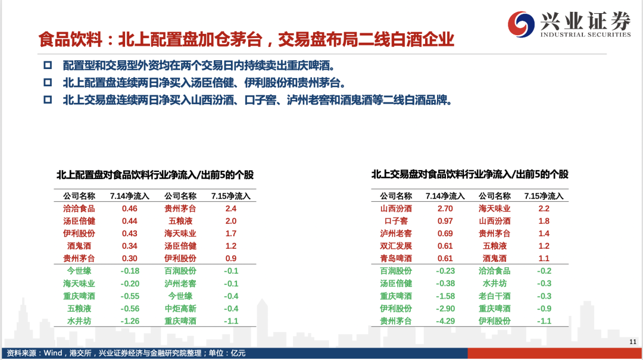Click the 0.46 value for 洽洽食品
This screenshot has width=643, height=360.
tap(130, 209)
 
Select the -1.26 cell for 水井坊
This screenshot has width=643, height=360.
tap(130, 321)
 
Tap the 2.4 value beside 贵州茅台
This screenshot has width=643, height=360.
tap(231, 209)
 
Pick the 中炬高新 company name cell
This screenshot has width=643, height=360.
tap(180, 309)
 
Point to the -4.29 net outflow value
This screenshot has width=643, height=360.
tap(445, 321)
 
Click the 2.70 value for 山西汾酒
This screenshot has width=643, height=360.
tap(445, 209)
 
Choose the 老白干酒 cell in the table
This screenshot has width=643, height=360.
tap(495, 296)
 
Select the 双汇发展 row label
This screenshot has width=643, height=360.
tap(396, 246)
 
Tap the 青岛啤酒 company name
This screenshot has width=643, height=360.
tap(396, 259)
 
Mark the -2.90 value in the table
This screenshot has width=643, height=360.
tap(445, 309)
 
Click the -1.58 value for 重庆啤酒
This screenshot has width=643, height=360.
tap(445, 296)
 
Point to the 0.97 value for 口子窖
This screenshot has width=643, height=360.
tap(445, 221)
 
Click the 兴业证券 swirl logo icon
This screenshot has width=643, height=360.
tap(521, 24)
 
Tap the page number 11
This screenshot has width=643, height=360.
tap(633, 342)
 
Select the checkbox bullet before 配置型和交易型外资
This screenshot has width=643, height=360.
tap(48, 65)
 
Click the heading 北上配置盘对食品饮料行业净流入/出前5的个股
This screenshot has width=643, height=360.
tap(155, 175)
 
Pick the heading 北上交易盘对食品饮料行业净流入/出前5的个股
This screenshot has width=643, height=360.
tap(470, 175)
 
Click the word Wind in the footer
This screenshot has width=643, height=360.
tap(52, 353)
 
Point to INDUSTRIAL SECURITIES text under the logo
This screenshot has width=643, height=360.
tap(585, 35)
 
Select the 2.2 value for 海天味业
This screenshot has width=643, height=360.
tap(544, 209)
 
